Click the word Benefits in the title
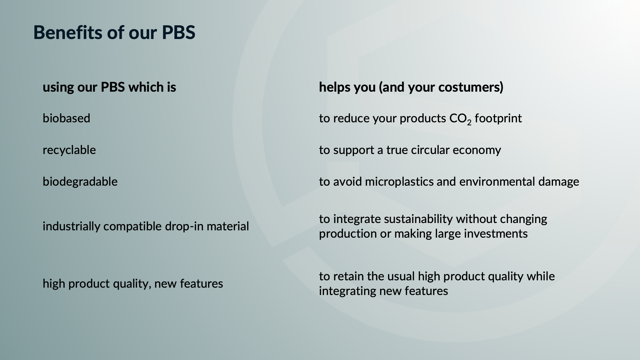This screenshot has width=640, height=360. (x=68, y=32)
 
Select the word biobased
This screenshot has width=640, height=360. (x=66, y=118)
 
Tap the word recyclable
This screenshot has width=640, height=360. (x=69, y=150)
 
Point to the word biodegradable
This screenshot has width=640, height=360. (x=80, y=182)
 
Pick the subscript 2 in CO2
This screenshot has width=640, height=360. (x=469, y=123)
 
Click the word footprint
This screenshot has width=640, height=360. (x=498, y=119)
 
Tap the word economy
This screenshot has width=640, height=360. (x=477, y=151)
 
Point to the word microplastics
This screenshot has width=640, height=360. (x=399, y=182)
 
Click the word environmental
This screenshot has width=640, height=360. (x=497, y=182)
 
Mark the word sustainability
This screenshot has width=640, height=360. (x=419, y=219)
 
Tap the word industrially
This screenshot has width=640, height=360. (x=72, y=227)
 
